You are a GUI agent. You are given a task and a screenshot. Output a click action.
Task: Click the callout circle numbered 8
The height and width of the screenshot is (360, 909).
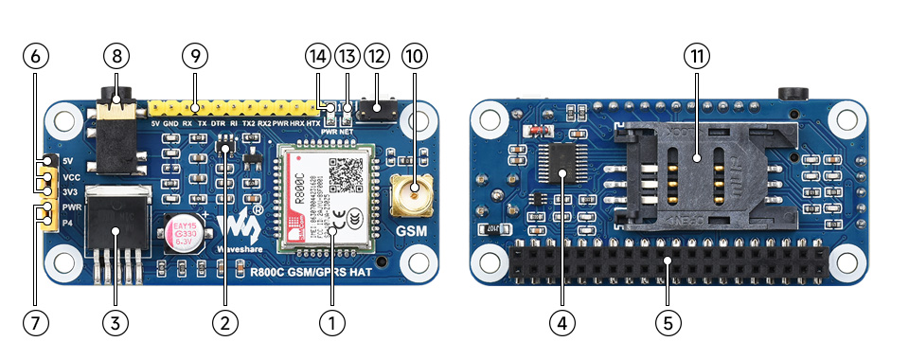click(116, 56)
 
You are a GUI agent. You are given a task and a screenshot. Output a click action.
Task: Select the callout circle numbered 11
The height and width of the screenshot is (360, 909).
click(697, 56)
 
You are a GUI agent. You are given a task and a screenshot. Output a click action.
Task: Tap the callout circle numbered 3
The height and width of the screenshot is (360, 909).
click(116, 322)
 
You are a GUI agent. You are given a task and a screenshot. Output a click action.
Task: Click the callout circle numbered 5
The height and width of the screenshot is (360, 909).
click(668, 322)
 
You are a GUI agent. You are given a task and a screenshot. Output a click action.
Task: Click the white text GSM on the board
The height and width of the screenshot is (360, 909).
click(412, 230)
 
